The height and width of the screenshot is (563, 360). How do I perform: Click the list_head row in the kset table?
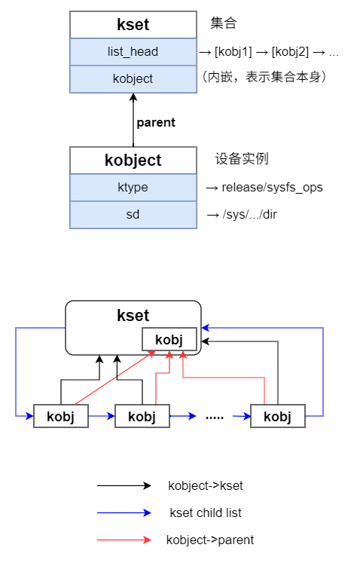(x=133, y=52)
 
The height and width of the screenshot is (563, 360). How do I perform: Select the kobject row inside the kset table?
(x=133, y=78)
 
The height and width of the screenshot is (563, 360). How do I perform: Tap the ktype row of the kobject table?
(x=133, y=187)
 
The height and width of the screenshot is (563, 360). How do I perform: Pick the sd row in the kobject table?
(x=133, y=215)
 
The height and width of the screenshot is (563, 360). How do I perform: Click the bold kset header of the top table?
(x=133, y=25)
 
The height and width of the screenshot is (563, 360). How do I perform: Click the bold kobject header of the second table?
(x=133, y=160)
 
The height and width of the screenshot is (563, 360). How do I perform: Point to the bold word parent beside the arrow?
(x=156, y=122)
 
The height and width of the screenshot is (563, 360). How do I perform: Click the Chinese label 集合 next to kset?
(x=224, y=24)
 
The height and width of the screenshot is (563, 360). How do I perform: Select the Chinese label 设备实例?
(x=242, y=159)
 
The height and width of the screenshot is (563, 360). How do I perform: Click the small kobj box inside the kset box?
(x=169, y=339)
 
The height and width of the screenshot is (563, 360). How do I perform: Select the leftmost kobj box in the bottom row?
(x=61, y=416)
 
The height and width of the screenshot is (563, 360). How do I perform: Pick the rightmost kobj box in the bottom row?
(x=278, y=416)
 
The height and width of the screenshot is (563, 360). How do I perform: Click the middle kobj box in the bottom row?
(x=142, y=416)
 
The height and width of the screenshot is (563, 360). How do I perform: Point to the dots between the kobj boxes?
(x=215, y=416)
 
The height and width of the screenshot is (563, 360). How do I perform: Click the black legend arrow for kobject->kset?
(x=124, y=486)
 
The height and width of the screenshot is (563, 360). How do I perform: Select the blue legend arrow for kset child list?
(x=124, y=513)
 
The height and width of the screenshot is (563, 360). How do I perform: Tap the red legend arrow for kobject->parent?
(x=124, y=540)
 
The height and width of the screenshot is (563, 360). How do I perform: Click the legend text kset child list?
(x=206, y=513)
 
